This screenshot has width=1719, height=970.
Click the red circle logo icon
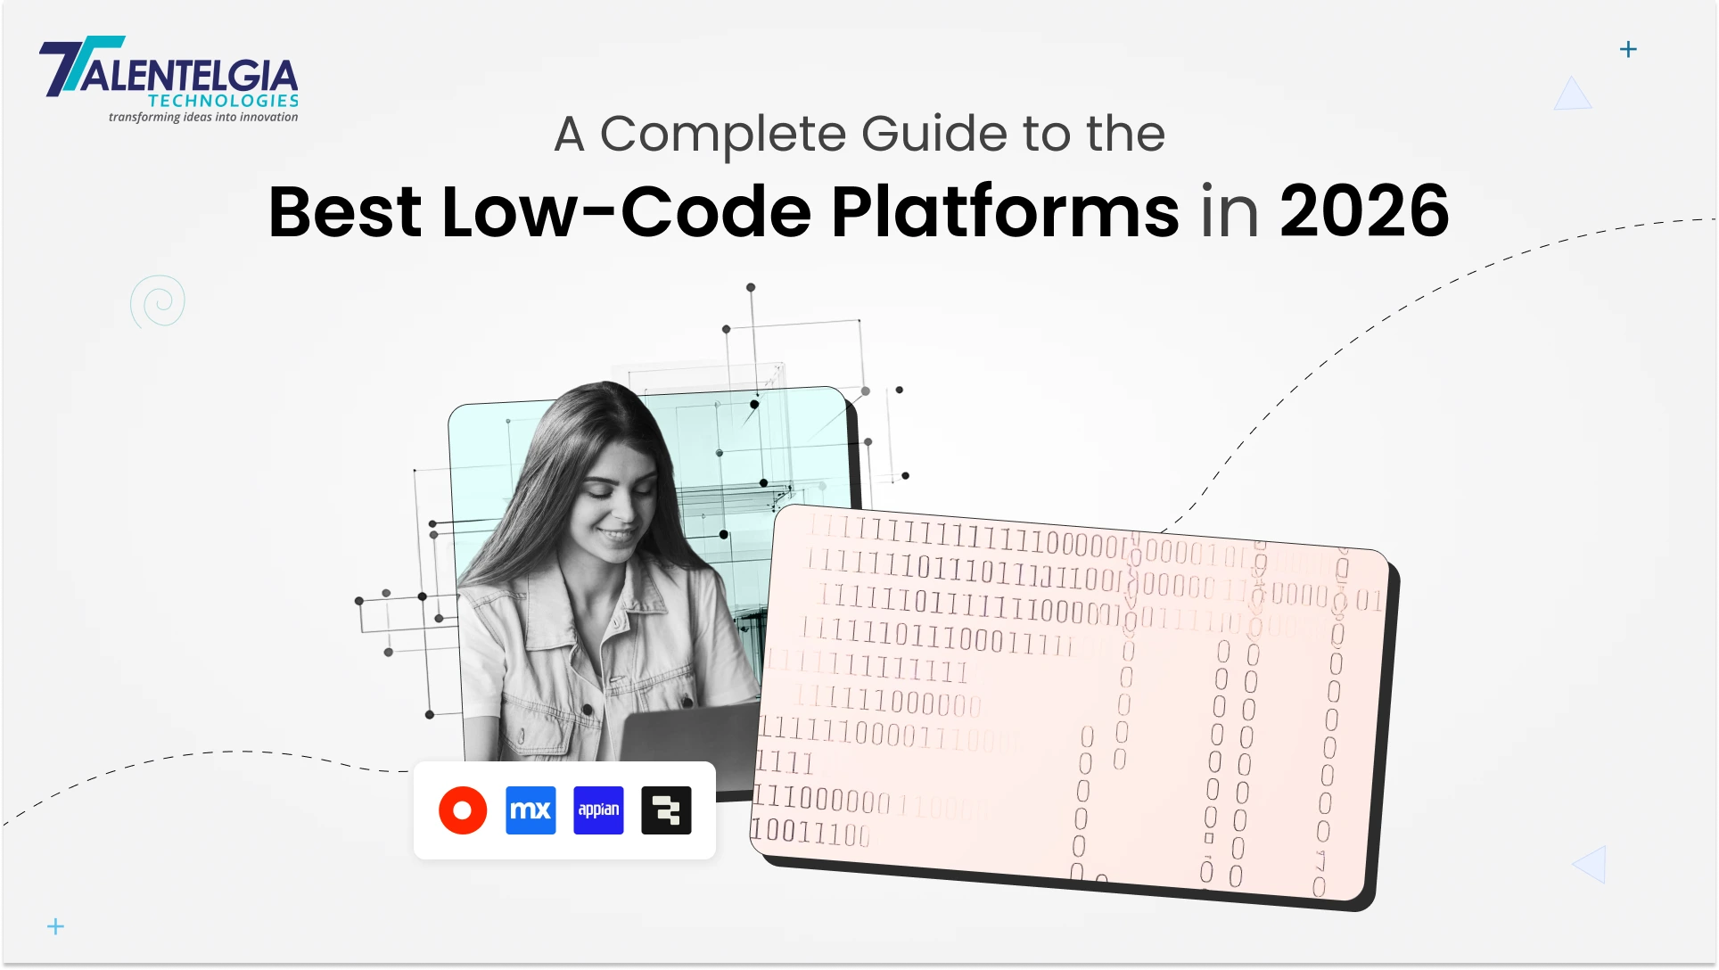pyautogui.click(x=463, y=810)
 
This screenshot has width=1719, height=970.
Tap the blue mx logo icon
pyautogui.click(x=531, y=810)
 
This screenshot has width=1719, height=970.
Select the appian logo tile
pyautogui.click(x=598, y=810)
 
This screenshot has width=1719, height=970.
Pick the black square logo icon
pyautogui.click(x=666, y=810)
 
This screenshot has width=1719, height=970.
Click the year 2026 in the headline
pyautogui.click(x=1364, y=212)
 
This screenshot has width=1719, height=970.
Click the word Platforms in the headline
pyautogui.click(x=1005, y=212)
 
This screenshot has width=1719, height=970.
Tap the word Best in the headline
pyautogui.click(x=345, y=212)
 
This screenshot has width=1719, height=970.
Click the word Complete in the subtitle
pyautogui.click(x=723, y=134)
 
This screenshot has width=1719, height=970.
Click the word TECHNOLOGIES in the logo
pyautogui.click(x=223, y=101)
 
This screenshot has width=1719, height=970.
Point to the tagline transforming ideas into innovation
pyautogui.click(x=203, y=117)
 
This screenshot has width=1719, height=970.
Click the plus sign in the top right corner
pyautogui.click(x=1628, y=49)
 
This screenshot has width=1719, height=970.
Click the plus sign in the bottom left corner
pyautogui.click(x=55, y=926)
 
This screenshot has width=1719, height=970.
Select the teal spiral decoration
pyautogui.click(x=159, y=301)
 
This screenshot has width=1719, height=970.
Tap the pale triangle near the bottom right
pyautogui.click(x=1592, y=864)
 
